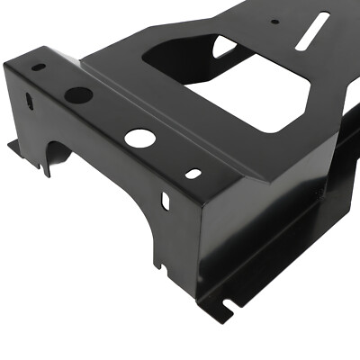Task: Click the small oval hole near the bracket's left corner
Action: point(38,67)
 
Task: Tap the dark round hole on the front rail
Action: point(78,94)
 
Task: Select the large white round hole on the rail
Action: point(139,138)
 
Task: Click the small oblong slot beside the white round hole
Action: point(193,172)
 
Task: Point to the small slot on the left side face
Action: point(29,101)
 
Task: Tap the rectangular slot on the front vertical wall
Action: point(166,200)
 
